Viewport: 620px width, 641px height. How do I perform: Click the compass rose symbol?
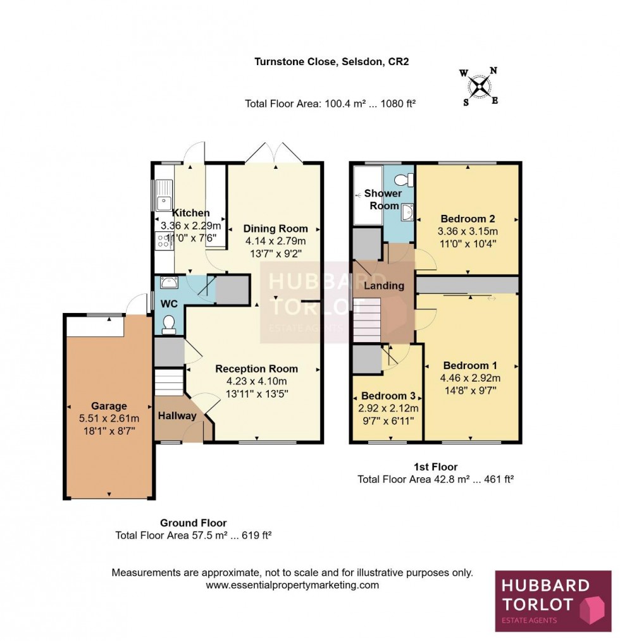480,86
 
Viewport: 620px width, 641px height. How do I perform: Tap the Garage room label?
109,406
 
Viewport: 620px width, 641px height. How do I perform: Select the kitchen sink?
162,195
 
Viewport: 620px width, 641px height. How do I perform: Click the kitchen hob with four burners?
163,240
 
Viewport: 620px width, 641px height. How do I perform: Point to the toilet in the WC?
168,324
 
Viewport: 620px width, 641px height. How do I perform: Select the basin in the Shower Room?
406,212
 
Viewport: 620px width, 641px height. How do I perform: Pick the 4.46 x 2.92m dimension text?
469,378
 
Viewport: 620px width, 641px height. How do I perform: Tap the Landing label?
384,286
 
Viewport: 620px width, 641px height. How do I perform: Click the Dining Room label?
275,229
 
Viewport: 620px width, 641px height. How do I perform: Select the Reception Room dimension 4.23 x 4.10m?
256,381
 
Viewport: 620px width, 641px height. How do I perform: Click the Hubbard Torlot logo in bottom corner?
552,601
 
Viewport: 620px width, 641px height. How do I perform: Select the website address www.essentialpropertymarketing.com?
292,585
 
